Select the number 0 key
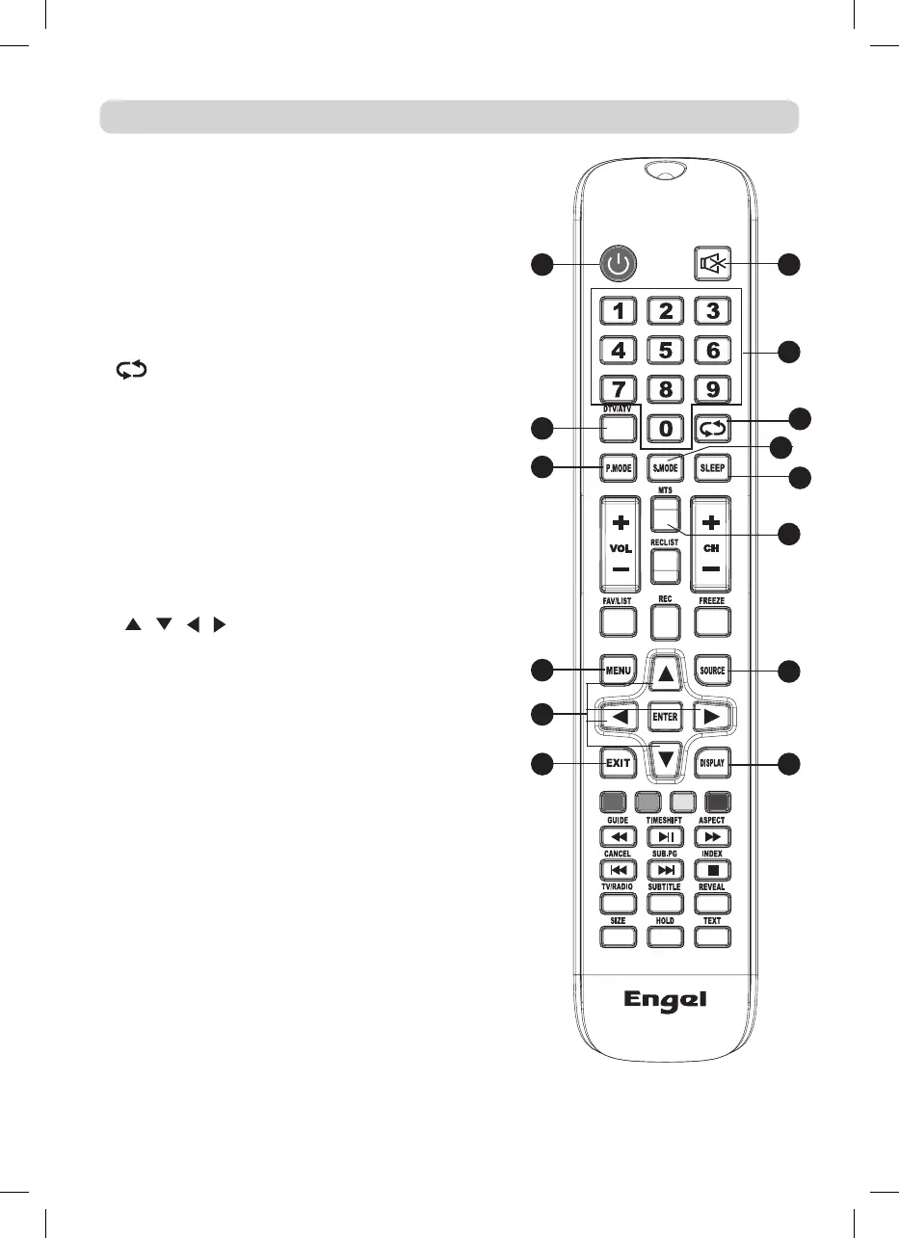(666, 427)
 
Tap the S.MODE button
(666, 467)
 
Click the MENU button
(618, 669)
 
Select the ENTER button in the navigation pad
(666, 717)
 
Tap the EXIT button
(618, 763)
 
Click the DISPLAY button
(713, 764)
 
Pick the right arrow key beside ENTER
(712, 717)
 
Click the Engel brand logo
(665, 1000)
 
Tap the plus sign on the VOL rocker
(619, 524)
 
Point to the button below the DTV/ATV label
(618, 428)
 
